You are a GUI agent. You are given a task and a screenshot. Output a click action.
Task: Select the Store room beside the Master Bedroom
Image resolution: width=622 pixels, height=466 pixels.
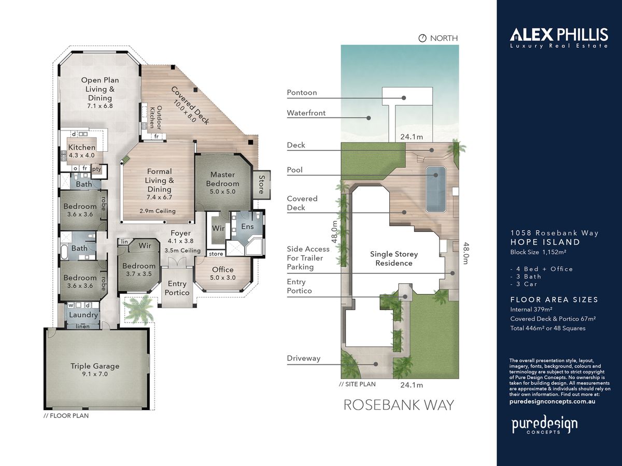click(x=262, y=185)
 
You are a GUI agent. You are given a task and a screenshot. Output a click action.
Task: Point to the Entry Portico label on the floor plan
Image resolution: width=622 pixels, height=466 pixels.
click(x=177, y=288)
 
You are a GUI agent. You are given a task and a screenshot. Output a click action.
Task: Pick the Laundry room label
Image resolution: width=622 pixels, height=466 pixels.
click(x=83, y=315)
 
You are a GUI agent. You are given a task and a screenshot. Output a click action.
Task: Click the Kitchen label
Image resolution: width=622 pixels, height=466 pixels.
click(x=81, y=147)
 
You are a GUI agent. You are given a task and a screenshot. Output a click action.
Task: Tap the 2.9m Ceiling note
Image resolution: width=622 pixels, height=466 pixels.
click(x=158, y=211)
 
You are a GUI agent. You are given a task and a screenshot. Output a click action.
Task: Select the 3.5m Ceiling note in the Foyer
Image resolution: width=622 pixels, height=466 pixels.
click(x=182, y=251)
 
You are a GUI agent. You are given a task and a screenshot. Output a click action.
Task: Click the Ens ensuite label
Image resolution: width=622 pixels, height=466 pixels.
click(x=247, y=226)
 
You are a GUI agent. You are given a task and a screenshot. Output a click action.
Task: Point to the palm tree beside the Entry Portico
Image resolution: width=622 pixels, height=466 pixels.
click(x=138, y=309)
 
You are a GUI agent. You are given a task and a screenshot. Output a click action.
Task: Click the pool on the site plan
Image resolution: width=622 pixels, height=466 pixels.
click(x=436, y=189)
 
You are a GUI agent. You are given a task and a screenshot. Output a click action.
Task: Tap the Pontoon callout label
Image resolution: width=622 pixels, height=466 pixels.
click(x=302, y=93)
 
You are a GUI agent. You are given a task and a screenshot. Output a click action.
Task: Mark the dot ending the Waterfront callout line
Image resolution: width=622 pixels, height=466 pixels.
click(x=369, y=118)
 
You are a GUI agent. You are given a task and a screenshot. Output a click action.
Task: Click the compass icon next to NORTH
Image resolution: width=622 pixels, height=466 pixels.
click(x=422, y=38)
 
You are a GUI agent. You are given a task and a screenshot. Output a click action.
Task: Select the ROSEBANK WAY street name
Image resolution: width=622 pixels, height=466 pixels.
click(x=399, y=405)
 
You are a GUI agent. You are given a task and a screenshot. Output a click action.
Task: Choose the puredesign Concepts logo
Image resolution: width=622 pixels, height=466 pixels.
click(x=544, y=426)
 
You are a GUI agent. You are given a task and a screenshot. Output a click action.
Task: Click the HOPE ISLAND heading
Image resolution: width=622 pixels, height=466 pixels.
click(x=545, y=242)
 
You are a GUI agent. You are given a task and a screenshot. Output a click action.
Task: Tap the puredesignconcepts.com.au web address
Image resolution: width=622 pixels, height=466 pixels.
click(x=552, y=401)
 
